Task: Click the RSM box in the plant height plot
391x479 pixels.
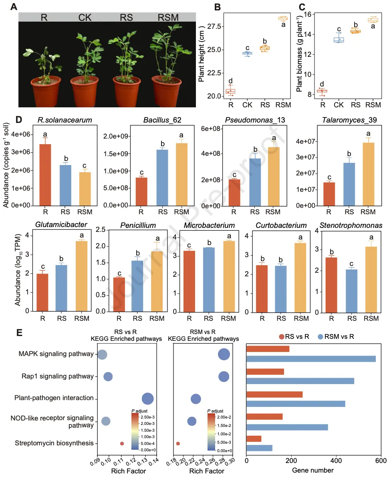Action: (x=283, y=18)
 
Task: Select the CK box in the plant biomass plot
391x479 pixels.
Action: (x=339, y=39)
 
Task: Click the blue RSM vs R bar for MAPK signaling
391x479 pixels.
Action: (x=311, y=359)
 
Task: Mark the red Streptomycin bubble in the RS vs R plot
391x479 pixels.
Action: (x=122, y=443)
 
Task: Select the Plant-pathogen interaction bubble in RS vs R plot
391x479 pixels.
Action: (x=148, y=398)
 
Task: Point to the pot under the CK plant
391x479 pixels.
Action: (x=85, y=92)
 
